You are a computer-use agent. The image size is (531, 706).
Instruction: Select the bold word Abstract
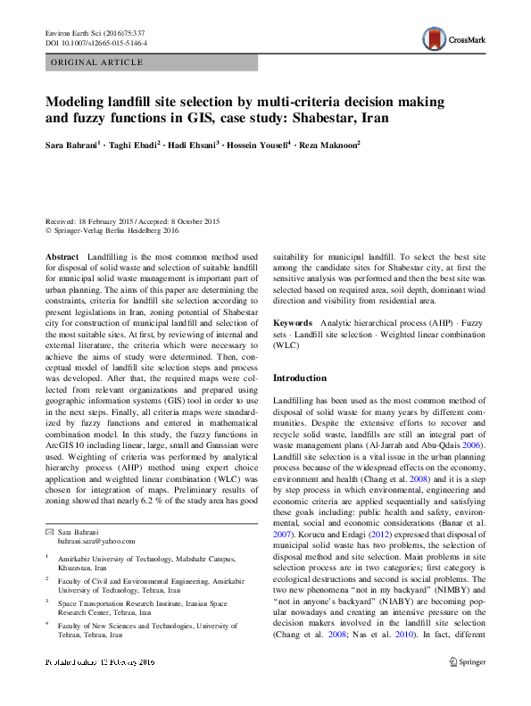click(62, 256)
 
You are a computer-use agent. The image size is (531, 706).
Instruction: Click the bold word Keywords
click(292, 322)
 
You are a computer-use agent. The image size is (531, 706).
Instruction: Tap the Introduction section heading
click(300, 378)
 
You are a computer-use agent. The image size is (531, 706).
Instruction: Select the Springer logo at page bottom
click(468, 661)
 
